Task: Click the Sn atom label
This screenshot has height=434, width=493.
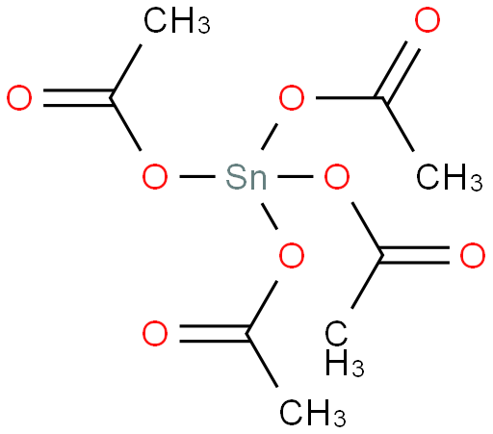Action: pos(246,176)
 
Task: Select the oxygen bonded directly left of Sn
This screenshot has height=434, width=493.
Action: pos(155,176)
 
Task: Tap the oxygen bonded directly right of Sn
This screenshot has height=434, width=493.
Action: pos(337,176)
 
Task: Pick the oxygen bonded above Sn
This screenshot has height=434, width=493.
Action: pos(292,97)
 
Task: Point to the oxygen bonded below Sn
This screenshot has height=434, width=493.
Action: pos(292,255)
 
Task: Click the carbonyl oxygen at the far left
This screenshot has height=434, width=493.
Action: pos(19,97)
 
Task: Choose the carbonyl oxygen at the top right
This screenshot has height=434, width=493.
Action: pos(428,20)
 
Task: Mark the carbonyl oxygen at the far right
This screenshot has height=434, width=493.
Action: pos(473,255)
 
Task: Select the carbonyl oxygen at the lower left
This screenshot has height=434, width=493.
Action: pos(155,334)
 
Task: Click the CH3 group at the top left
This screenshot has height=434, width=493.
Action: pos(177,20)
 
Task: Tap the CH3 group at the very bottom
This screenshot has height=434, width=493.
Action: pos(313,413)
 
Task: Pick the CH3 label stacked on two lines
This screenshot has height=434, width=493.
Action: pos(345,347)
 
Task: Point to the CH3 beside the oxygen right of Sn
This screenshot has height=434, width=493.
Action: pos(450,177)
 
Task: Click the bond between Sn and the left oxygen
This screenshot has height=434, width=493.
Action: pos(197,176)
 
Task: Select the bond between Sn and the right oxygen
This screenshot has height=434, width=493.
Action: pos(296,176)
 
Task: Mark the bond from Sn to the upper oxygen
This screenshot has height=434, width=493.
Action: pos(270,136)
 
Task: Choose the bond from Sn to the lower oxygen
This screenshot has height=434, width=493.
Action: pos(270,217)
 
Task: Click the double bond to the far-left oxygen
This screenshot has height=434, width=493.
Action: pos(77,97)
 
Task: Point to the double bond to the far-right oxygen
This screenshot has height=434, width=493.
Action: pos(415,255)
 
